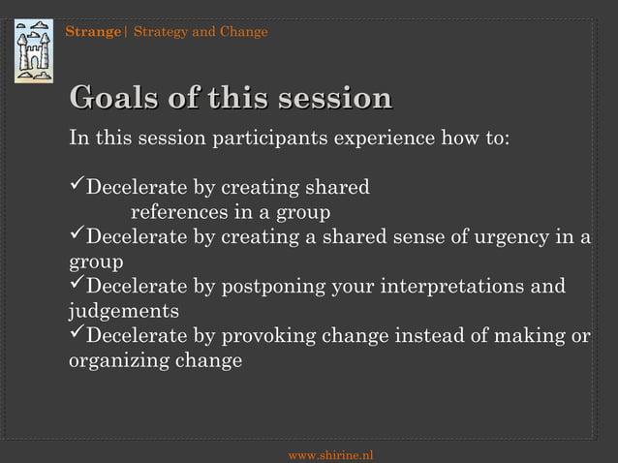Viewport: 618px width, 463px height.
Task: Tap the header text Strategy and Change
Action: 201,32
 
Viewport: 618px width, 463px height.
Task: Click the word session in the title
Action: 334,99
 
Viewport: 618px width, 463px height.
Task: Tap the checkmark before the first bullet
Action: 77,186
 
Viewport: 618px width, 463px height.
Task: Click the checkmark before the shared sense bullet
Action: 77,237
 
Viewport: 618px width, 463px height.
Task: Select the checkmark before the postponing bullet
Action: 77,287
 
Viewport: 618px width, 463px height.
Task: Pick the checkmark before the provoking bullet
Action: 77,336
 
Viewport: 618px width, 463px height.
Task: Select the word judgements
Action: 123,312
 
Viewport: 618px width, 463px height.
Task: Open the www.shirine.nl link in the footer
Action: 331,454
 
